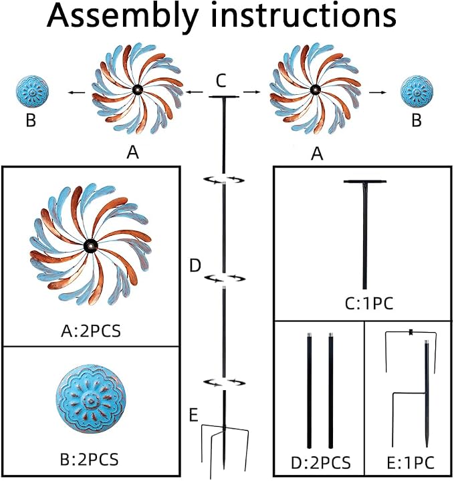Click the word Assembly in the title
(x=123, y=16)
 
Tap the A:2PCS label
(x=91, y=331)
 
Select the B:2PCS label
(x=89, y=460)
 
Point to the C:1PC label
(x=369, y=304)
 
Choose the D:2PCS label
(x=321, y=463)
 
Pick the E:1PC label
(x=411, y=463)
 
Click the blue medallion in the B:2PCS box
(x=91, y=399)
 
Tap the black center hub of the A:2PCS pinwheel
(x=91, y=246)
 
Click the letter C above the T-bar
(x=221, y=81)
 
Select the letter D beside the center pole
(x=195, y=266)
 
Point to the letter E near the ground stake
(x=193, y=416)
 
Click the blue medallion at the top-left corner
(x=32, y=92)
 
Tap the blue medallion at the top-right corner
(x=417, y=92)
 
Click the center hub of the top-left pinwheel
(x=138, y=90)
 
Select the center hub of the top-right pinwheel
(x=315, y=90)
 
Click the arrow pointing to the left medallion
(x=77, y=92)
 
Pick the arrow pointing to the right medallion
(x=378, y=92)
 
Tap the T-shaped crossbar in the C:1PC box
(x=364, y=182)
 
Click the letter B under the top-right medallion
(x=417, y=120)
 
